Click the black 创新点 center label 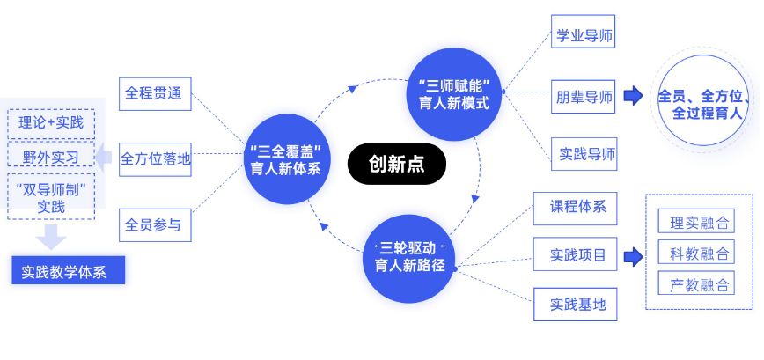pyautogui.click(x=396, y=164)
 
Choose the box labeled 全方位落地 pyautogui.click(x=155, y=159)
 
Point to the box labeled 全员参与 pyautogui.click(x=155, y=225)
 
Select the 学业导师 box pyautogui.click(x=584, y=37)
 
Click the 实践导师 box pyautogui.click(x=584, y=154)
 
